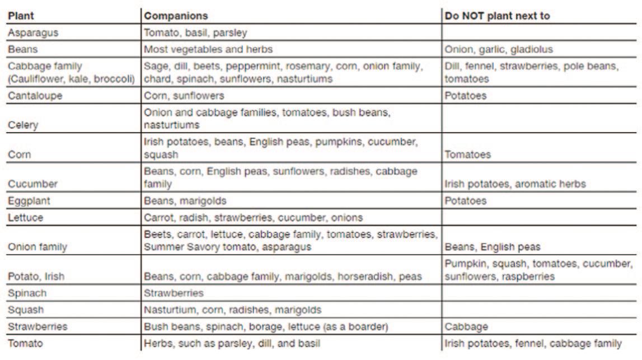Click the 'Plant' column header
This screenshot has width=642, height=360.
pos(21,16)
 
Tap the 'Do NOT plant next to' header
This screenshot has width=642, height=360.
pos(497,16)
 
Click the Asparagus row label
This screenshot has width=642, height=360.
pos(33,33)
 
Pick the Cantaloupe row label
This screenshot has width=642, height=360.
pos(35,96)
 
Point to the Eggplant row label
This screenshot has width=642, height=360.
pos(30,200)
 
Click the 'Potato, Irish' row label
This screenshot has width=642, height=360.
pos(34,277)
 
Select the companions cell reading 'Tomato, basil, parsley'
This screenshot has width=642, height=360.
pos(195,33)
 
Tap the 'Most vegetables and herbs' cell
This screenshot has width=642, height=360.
pos(208,49)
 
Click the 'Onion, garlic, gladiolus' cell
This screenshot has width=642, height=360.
pos(498,49)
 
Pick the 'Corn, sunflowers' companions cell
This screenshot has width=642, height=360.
pos(184,96)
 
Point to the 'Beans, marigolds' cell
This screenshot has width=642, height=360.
pos(185,200)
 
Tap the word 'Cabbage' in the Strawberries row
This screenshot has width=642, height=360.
pos(465,326)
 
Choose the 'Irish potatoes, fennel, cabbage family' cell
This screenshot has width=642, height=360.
pos(533,343)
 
